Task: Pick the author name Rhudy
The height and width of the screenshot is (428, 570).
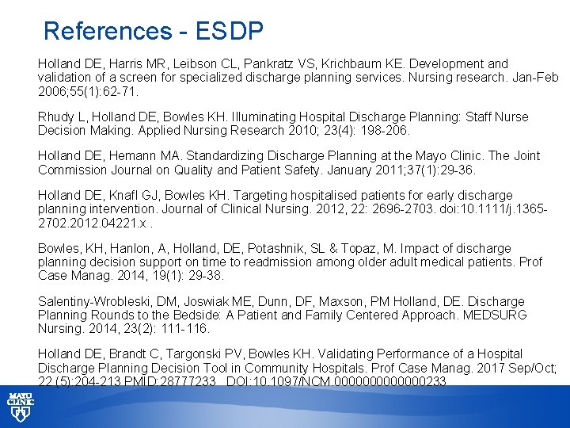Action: click(55, 117)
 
